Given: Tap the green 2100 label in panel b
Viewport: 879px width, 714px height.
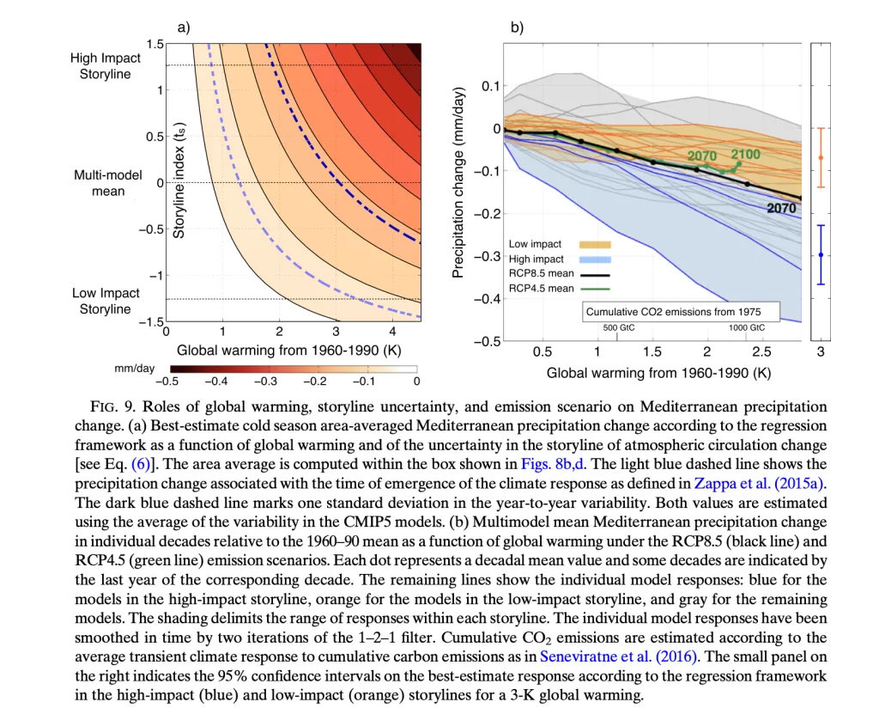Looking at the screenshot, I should pyautogui.click(x=745, y=154).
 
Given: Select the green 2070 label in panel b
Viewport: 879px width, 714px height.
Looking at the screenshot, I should pyautogui.click(x=700, y=156).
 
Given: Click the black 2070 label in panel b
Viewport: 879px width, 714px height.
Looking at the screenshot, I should pyautogui.click(x=781, y=208).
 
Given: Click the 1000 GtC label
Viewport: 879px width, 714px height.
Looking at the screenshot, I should pyautogui.click(x=747, y=327).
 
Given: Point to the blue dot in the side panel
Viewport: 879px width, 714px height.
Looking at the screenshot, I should pyautogui.click(x=821, y=255).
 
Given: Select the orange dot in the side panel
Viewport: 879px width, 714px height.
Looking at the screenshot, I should pyautogui.click(x=821, y=157).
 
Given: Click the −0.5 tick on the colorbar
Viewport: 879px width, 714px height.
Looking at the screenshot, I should pyautogui.click(x=166, y=381).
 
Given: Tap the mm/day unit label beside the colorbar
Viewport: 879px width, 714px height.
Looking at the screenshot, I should pyautogui.click(x=134, y=369).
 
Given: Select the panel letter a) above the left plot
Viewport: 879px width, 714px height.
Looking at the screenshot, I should pyautogui.click(x=183, y=27).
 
